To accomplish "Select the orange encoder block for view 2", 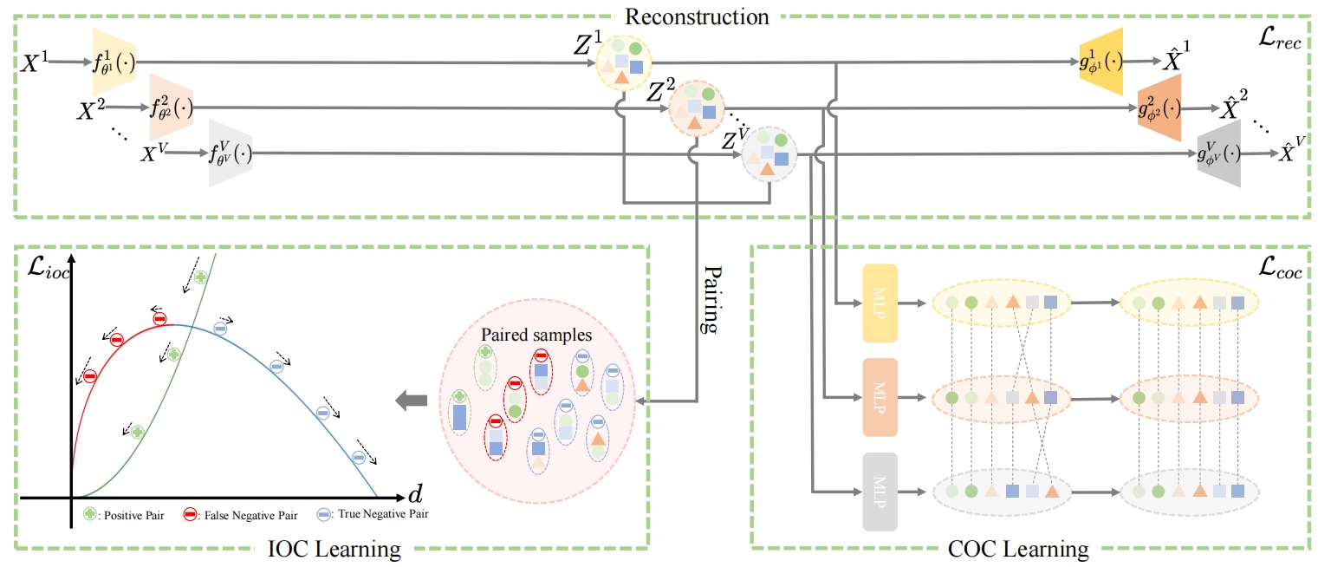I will [x=171, y=108].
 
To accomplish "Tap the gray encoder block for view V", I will [x=230, y=153].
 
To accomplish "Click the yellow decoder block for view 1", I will [x=1101, y=62].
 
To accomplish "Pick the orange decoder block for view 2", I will [x=1159, y=108].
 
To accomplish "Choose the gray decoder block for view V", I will [x=1218, y=153].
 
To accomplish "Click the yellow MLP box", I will [x=879, y=304].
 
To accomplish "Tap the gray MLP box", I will [x=879, y=492].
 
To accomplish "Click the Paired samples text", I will [x=536, y=334].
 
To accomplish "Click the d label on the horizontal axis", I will [x=415, y=495].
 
